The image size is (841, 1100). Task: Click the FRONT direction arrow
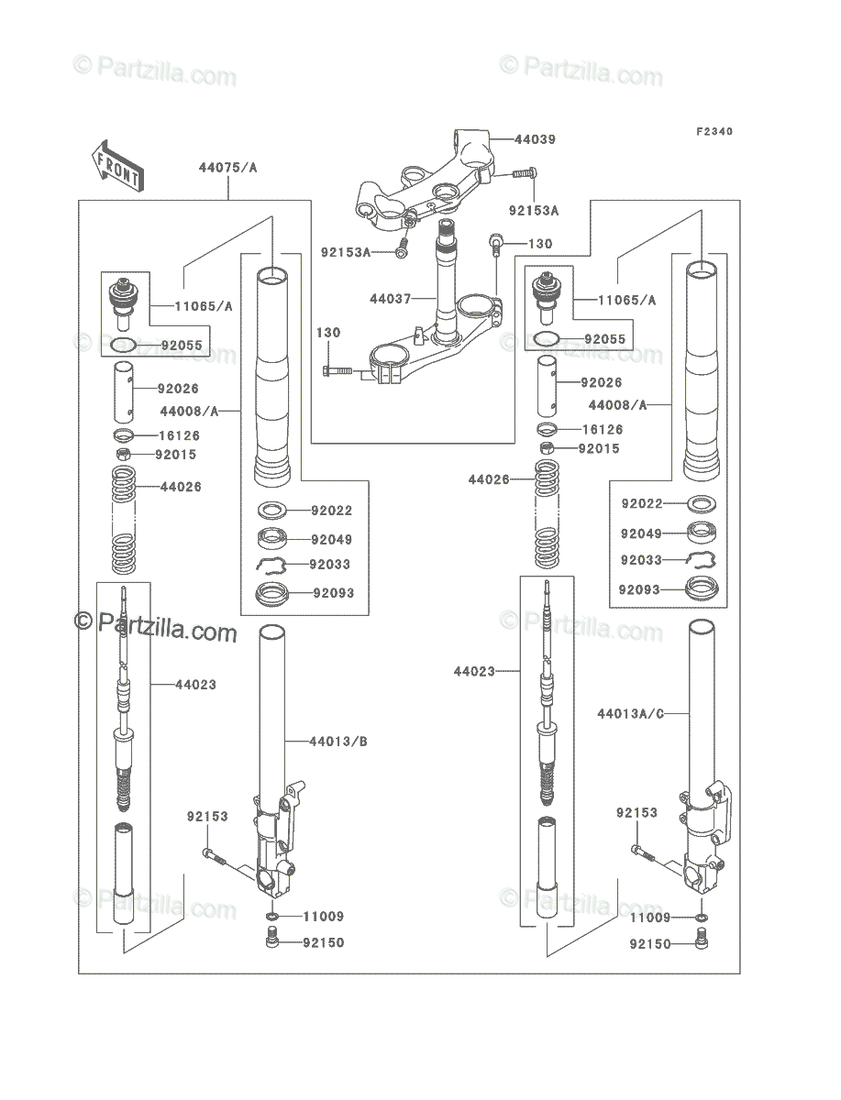pos(117,166)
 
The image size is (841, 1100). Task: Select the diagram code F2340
pos(714,131)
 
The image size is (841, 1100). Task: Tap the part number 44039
pos(536,139)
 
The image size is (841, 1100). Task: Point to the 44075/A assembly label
pos(227,168)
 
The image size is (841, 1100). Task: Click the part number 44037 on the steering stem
pos(390,299)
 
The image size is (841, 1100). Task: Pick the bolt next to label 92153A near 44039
pos(525,173)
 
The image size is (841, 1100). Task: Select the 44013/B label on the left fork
pos(338,742)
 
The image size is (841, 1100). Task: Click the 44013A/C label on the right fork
pos(630,713)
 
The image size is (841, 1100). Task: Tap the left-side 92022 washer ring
pos(272,511)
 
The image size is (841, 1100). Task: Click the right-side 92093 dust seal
pos(702,588)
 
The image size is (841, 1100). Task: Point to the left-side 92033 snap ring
pos(271,565)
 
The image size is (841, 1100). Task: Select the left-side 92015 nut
pos(123,454)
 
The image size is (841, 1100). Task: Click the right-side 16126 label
pos(603,430)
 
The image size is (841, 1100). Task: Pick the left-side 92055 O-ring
pos(123,346)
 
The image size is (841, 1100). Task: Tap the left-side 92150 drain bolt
pos(271,943)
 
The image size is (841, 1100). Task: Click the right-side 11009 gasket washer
pos(702,917)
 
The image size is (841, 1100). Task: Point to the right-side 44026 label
pos(489,479)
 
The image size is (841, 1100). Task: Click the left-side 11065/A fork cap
pos(122,302)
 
